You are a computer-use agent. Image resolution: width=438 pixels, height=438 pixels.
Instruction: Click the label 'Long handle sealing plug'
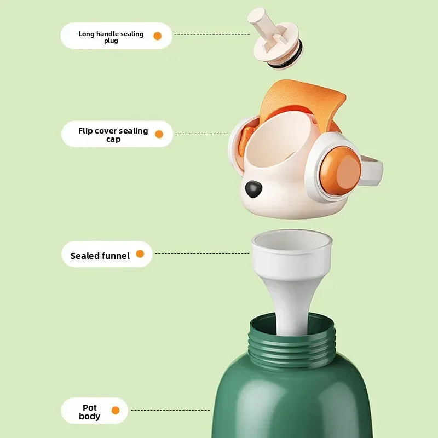pyautogui.click(x=111, y=37)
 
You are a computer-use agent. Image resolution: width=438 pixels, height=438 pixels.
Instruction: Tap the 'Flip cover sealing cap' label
pyautogui.click(x=113, y=135)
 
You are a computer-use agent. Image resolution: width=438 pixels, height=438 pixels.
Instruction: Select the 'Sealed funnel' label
pyautogui.click(x=100, y=256)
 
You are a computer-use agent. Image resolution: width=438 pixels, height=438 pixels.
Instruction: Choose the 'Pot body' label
pyautogui.click(x=89, y=412)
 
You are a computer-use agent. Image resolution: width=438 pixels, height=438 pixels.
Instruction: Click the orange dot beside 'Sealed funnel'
pyautogui.click(x=140, y=254)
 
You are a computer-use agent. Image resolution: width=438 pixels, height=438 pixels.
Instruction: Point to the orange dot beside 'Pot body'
pyautogui.click(x=116, y=410)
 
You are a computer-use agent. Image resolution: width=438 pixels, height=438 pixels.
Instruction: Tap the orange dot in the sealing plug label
pyautogui.click(x=158, y=36)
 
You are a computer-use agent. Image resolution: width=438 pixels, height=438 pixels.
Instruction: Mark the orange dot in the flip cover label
pyautogui.click(x=159, y=134)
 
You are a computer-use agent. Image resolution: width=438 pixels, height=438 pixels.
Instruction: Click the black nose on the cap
pyautogui.click(x=252, y=189)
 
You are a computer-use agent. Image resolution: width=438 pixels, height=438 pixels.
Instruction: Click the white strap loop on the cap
pyautogui.click(x=372, y=169)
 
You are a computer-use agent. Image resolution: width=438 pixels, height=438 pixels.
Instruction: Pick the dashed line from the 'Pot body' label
pyautogui.click(x=170, y=410)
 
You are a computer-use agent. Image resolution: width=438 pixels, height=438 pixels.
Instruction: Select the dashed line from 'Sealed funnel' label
pyautogui.click(x=203, y=253)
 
